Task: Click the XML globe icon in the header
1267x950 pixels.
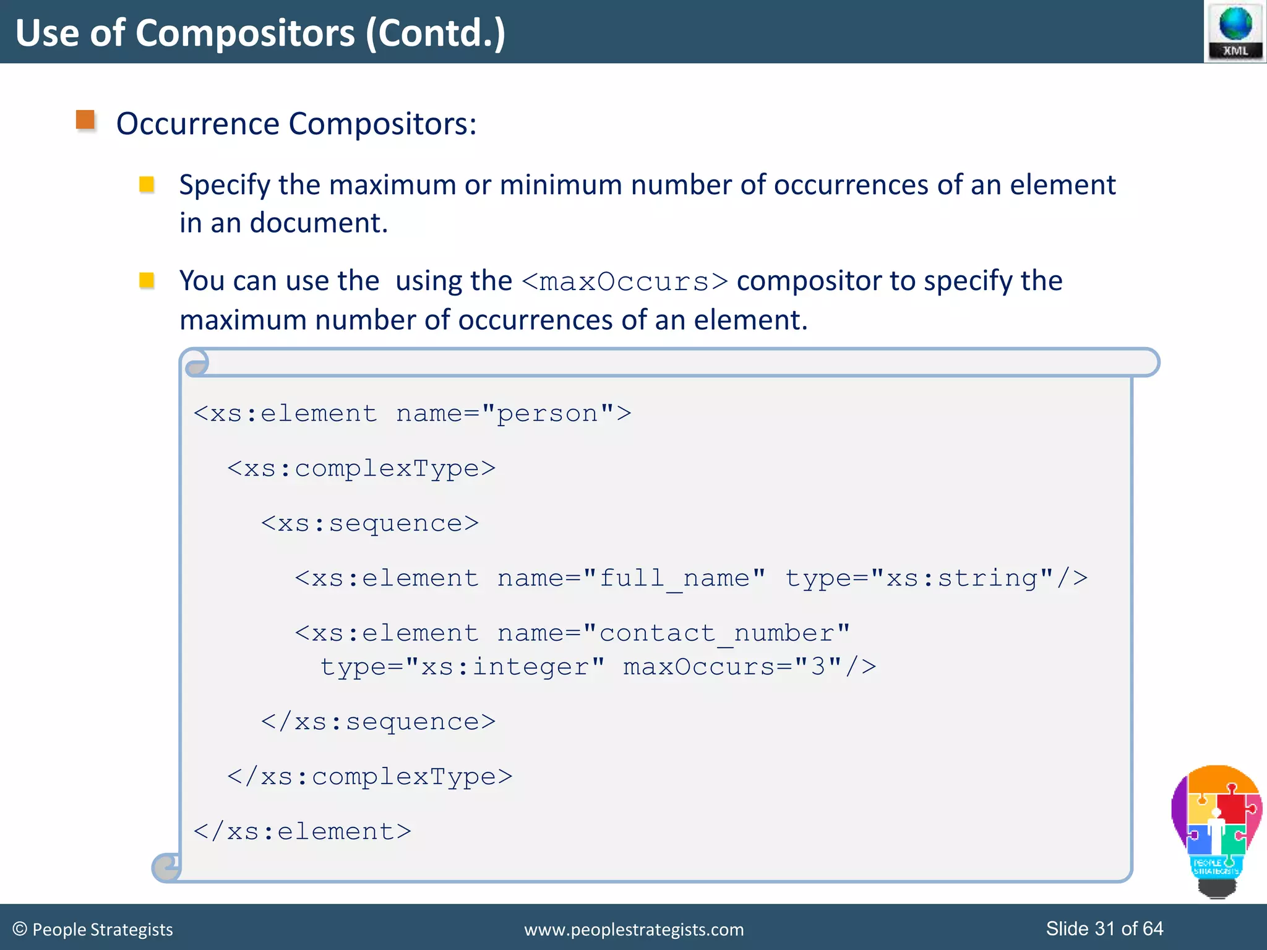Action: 1235,31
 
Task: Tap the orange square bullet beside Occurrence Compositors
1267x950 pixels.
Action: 85,120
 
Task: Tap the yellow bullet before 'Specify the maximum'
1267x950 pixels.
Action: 147,184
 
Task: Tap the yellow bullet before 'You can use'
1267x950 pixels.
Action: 147,281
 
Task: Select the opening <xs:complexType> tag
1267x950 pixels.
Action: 361,468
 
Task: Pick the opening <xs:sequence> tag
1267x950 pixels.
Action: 370,523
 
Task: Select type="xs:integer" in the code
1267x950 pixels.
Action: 462,667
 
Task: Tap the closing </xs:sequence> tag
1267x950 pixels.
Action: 378,722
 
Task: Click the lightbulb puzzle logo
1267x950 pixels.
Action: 1216,829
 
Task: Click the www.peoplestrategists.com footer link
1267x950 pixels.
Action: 633,930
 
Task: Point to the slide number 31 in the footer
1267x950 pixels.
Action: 1105,928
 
